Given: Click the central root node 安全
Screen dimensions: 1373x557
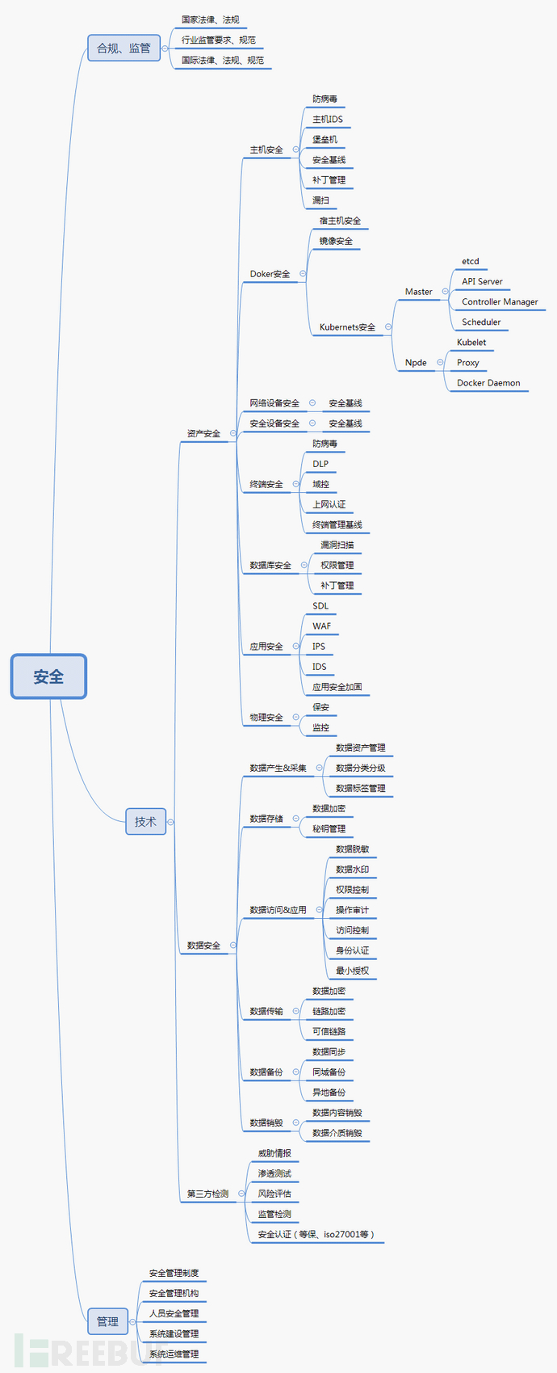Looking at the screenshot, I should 48,676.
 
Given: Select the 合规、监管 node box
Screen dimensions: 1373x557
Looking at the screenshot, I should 124,48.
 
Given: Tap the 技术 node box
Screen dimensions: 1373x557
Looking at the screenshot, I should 145,821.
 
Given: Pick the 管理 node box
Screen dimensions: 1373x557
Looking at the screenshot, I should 107,1321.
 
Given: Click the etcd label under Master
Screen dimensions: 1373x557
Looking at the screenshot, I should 471,261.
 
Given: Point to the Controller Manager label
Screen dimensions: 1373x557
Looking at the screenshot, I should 500,301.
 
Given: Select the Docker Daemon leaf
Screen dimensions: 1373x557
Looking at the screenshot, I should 488,383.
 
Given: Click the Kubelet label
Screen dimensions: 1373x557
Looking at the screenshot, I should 471,343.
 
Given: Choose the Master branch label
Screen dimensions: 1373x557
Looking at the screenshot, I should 418,292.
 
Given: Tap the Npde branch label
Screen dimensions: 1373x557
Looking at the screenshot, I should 416,363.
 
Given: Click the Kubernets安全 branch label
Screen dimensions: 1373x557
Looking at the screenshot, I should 347,327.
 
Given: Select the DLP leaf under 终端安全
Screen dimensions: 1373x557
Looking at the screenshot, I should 320,464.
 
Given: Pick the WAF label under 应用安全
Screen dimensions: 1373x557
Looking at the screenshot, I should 321,626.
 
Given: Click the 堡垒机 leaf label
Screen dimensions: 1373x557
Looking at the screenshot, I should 325,140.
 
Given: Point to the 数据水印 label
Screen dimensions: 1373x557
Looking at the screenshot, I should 352,870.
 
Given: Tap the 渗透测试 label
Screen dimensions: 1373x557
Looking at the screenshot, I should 274,1173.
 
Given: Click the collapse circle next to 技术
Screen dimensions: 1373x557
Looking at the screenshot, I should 170,822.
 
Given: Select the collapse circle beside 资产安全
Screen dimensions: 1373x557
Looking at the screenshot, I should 233,433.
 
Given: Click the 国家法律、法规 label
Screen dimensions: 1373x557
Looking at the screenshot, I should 210,19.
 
